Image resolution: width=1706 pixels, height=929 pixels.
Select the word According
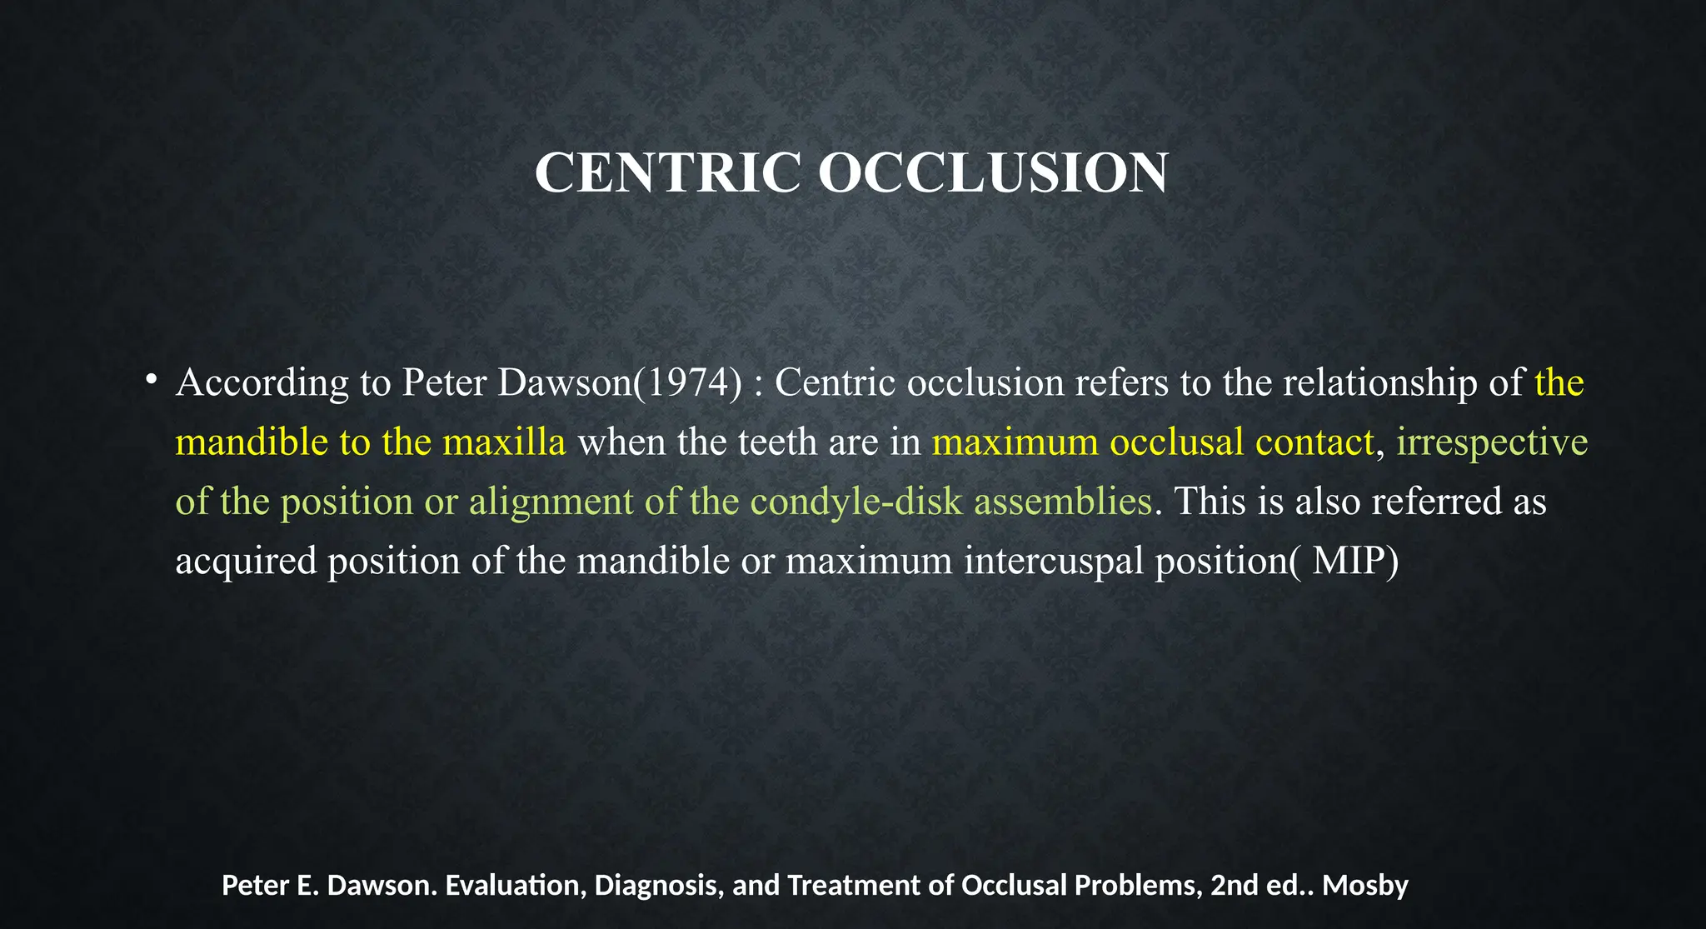pyautogui.click(x=262, y=383)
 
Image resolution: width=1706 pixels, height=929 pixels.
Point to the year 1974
pyautogui.click(x=693, y=382)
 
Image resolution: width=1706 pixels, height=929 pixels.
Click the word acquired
pyautogui.click(x=246, y=562)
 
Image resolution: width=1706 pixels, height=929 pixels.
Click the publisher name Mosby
pyautogui.click(x=1364, y=886)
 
